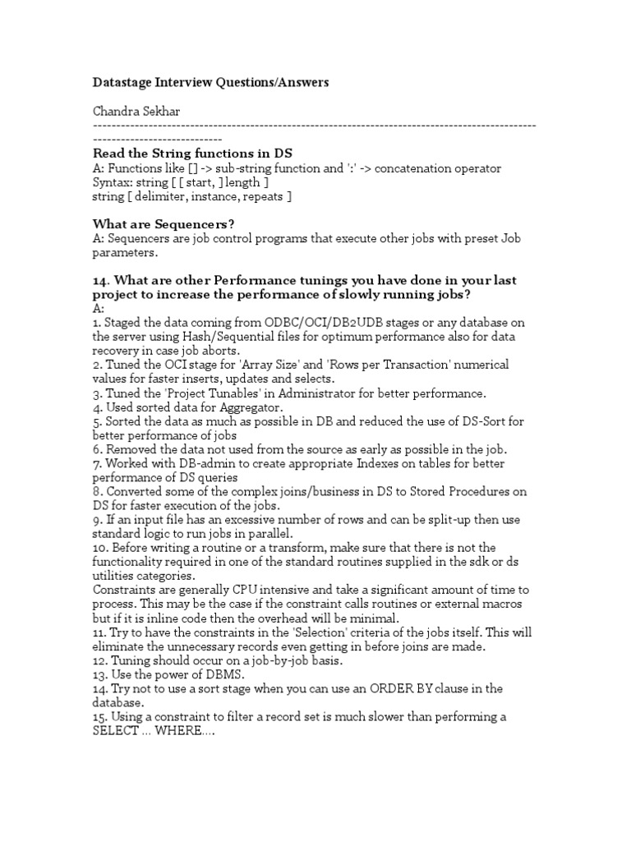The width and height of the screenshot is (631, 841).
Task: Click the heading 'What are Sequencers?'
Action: tap(159, 224)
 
